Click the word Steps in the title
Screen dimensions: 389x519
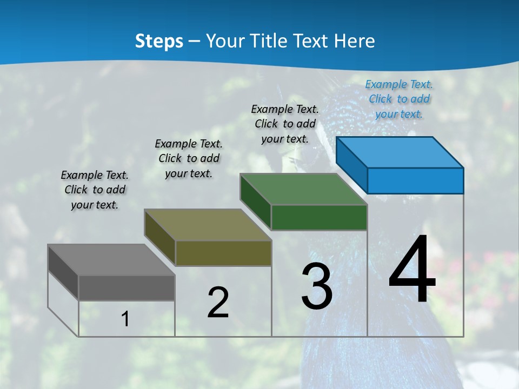coord(159,41)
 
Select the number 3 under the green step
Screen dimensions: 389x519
coord(317,286)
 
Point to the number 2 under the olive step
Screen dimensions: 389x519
coord(218,303)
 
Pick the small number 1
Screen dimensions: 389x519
coord(125,319)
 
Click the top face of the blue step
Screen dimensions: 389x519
coord(399,152)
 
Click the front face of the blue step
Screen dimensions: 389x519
coord(415,180)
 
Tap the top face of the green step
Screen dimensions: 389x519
coord(303,189)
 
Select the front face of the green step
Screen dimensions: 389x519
coord(319,218)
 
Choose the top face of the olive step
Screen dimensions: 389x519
coord(207,225)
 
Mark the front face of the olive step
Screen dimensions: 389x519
coord(223,253)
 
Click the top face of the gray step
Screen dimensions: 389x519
coord(111,260)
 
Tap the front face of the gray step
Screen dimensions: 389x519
coord(127,288)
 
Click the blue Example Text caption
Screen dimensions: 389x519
coord(399,99)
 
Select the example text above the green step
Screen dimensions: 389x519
coord(285,124)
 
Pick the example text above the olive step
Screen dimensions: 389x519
coord(189,158)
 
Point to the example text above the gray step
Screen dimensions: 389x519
coord(95,190)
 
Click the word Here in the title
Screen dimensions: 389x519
coord(355,41)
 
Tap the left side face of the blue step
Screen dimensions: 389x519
coord(352,165)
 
